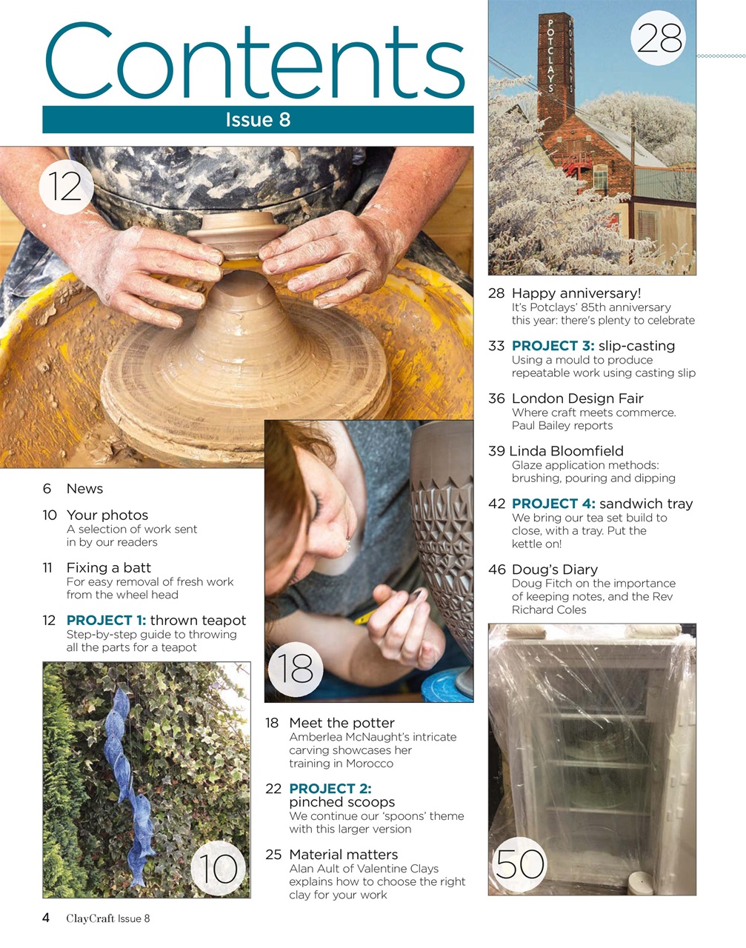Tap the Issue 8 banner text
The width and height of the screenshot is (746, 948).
(258, 120)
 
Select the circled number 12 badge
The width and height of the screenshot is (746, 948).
(66, 186)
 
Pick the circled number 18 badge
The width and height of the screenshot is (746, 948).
(296, 669)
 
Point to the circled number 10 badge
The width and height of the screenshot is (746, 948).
(219, 868)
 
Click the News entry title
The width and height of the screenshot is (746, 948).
(84, 489)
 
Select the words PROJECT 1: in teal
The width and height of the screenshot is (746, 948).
(106, 621)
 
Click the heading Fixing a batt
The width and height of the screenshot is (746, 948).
(108, 568)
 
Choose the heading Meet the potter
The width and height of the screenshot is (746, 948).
(342, 723)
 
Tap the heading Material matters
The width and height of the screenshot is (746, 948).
(343, 855)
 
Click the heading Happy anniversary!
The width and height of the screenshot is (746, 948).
(576, 293)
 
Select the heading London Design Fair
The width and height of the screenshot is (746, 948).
(577, 398)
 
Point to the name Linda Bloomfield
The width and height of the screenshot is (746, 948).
(567, 451)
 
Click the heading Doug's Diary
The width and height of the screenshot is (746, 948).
(554, 570)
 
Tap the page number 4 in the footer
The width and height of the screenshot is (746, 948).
(46, 918)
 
